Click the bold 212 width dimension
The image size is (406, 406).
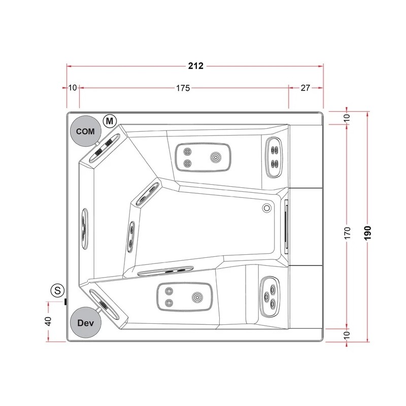coord(196,66)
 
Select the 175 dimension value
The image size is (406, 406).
coord(183,88)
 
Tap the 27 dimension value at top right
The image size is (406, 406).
coord(306,88)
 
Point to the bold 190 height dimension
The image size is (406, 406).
coord(367,233)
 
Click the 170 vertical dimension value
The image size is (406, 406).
coord(348,233)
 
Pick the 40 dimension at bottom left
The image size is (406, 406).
coord(48,321)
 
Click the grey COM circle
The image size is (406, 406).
coord(85,131)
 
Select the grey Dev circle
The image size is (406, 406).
coord(86,323)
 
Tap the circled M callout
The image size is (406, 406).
coord(110,121)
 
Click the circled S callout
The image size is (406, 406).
coord(57,290)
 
